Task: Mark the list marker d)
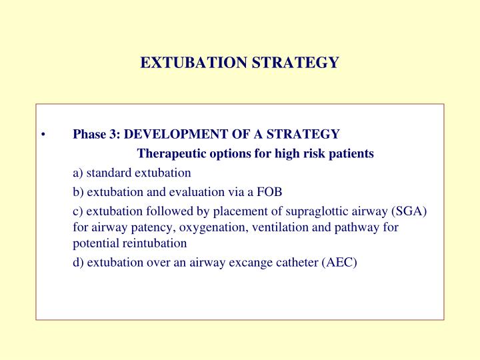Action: coord(79,262)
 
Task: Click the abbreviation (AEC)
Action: coord(339,262)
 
